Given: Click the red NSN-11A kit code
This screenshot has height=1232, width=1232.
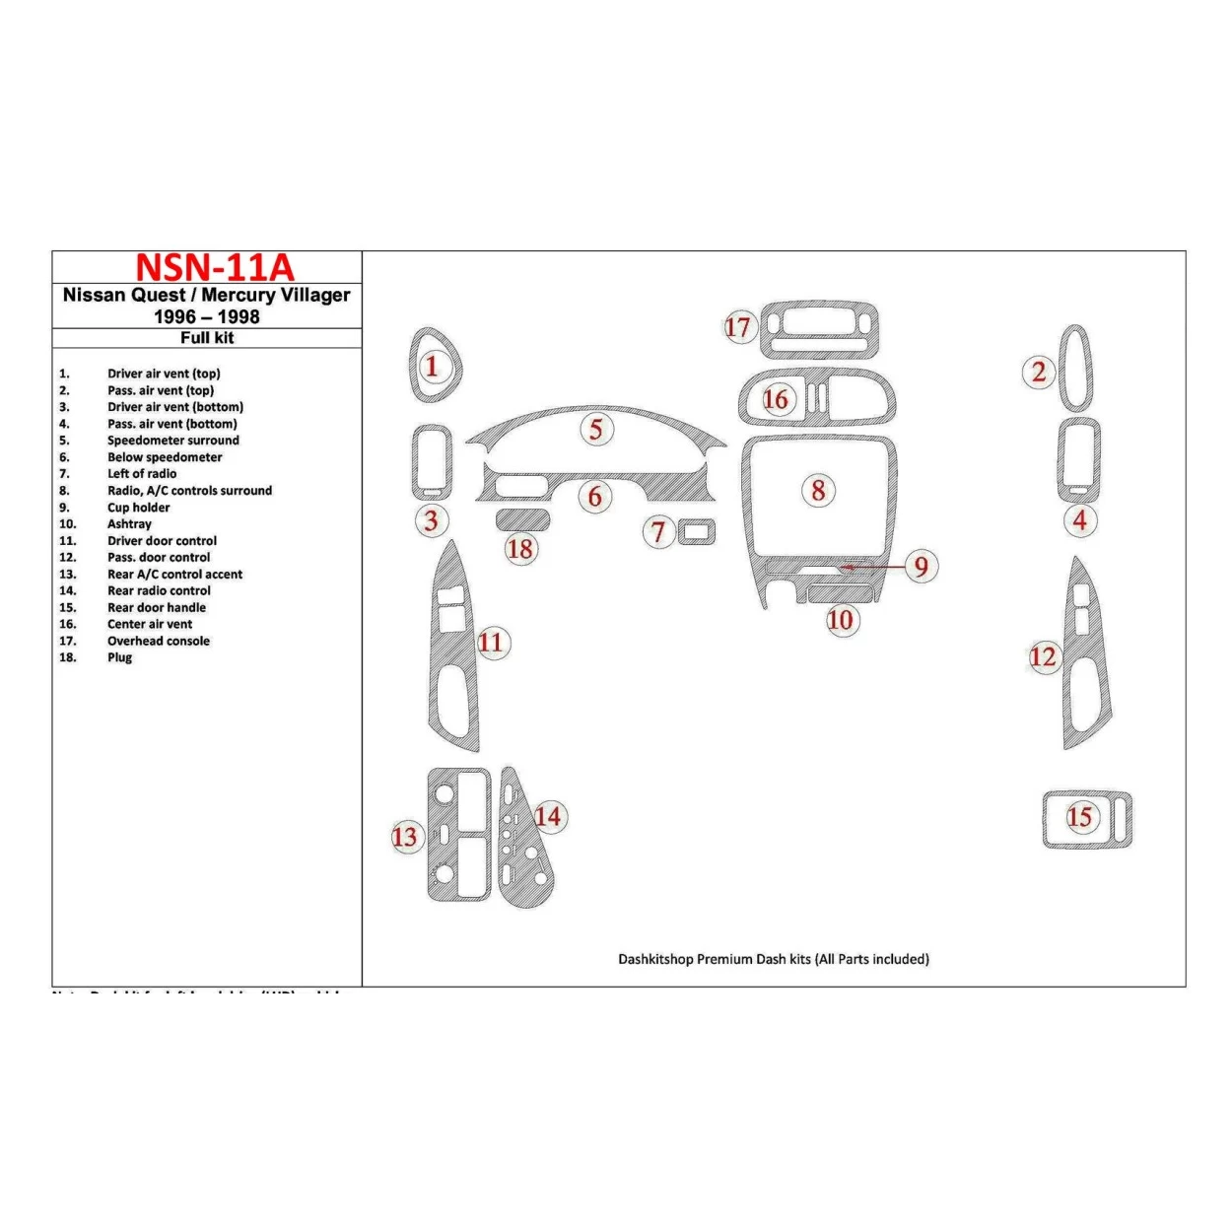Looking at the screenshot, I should tap(214, 268).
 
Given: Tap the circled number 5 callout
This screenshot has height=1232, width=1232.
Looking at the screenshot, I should tap(596, 429).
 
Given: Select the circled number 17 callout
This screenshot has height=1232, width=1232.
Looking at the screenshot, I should tap(738, 327).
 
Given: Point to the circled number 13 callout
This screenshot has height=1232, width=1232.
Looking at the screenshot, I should tap(405, 837).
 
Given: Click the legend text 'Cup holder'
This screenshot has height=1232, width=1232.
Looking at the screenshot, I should tap(139, 508).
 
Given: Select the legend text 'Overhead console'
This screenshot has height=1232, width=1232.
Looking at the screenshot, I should tap(159, 641).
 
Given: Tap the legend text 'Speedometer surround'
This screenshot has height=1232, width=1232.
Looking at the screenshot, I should tap(173, 441).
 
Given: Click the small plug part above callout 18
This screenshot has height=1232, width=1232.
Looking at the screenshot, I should tap(522, 519).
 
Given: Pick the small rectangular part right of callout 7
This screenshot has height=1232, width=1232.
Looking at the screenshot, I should tap(697, 531).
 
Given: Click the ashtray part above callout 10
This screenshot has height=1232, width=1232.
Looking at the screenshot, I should tap(840, 593).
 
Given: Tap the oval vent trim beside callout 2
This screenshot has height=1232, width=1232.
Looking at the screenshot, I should tap(1075, 368).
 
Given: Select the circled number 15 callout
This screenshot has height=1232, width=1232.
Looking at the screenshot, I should tap(1079, 816).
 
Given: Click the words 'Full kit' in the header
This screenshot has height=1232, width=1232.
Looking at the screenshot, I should tap(207, 338).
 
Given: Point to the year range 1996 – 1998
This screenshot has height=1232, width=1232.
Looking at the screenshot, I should tap(207, 317).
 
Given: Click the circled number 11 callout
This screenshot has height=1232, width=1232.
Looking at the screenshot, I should tap(490, 643).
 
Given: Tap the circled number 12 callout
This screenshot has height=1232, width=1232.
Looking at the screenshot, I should tap(1043, 656).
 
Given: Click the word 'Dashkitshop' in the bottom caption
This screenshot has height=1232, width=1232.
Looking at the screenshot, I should tap(655, 959).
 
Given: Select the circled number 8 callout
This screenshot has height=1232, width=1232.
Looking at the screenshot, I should tap(818, 490).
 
